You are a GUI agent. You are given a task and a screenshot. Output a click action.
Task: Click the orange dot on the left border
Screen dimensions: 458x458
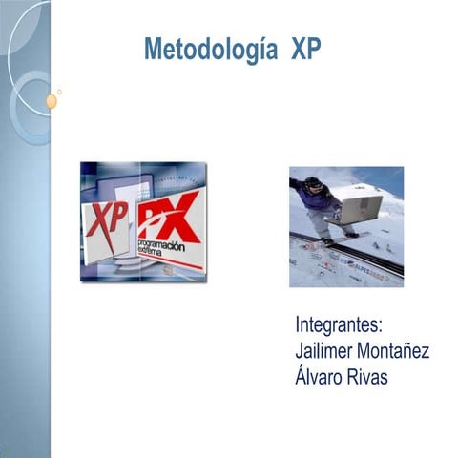(x=51, y=100)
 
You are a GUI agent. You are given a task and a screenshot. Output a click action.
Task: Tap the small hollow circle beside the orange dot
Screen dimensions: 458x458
(x=60, y=92)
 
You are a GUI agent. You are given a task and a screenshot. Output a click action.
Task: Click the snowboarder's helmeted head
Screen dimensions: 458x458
(x=313, y=182)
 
